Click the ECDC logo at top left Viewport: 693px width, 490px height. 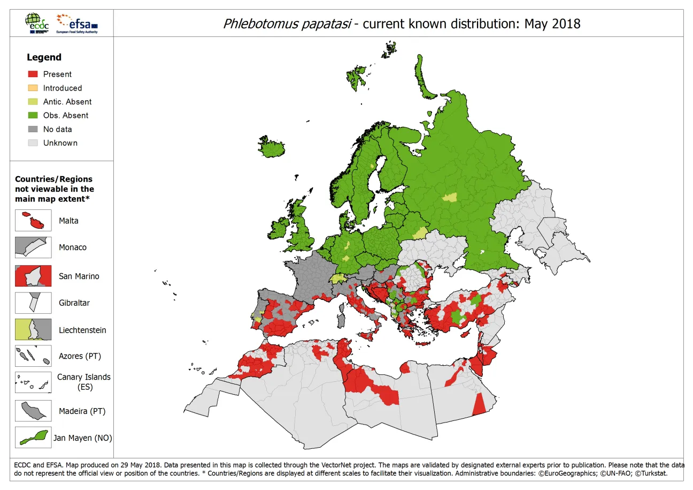coord(36,23)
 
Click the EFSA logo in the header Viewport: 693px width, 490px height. coord(78,24)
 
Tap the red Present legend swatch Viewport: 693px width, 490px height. coord(33,74)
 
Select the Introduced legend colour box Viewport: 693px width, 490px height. coord(33,88)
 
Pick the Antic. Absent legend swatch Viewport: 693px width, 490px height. coord(33,102)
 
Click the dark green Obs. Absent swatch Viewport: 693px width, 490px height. coord(33,115)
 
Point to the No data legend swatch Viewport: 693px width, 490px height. coord(33,129)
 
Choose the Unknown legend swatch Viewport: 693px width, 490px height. coord(33,143)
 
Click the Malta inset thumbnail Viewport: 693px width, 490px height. coord(33,221)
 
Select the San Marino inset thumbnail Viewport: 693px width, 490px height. coord(33,276)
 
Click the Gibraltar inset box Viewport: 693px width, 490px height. coord(33,303)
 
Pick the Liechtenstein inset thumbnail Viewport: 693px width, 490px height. coord(33,330)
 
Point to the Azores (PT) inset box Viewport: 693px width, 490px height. coord(33,356)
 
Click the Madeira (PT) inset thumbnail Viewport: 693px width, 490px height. coord(33,411)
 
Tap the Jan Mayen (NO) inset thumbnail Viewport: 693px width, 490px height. coord(33,438)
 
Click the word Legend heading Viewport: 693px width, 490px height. coord(44,57)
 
